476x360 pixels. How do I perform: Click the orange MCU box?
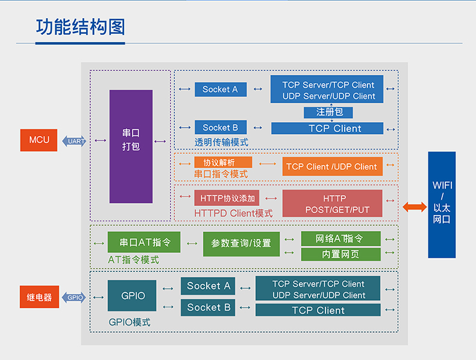(39, 140)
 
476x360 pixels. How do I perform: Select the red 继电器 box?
(39, 297)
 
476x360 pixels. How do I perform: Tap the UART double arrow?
(74, 141)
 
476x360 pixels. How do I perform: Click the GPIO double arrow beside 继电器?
(74, 297)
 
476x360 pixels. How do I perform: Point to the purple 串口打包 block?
(131, 146)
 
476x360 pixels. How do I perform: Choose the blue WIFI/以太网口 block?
(442, 205)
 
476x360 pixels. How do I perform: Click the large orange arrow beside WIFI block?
(415, 207)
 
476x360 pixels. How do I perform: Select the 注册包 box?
(328, 112)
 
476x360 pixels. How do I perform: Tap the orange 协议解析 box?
(223, 163)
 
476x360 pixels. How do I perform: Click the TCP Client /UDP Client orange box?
(333, 166)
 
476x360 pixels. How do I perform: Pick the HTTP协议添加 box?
(227, 198)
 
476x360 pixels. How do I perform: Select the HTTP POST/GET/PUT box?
(333, 203)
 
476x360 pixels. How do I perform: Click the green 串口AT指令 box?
(144, 242)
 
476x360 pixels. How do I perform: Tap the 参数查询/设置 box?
(242, 244)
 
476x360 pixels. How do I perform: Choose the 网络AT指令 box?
(340, 238)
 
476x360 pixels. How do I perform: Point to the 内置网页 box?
(340, 254)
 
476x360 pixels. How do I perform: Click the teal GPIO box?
(132, 296)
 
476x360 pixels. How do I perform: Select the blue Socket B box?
(221, 128)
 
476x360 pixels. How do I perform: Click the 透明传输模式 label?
(221, 142)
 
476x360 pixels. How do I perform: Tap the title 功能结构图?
(81, 27)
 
